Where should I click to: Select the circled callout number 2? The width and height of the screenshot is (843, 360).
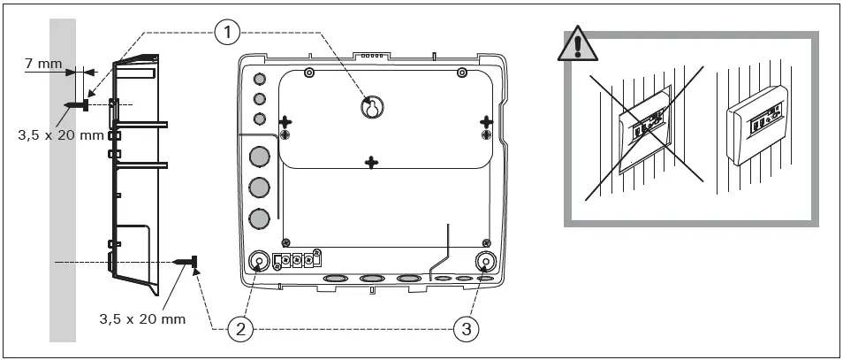coord(240,330)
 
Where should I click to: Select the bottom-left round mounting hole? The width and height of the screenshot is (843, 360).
coord(260,262)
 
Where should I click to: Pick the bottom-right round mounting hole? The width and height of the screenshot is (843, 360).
coord(485,262)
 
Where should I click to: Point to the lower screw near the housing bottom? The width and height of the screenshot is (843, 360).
coord(186,262)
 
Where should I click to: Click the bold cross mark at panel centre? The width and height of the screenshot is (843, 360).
coord(372,162)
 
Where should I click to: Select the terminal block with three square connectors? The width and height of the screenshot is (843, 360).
coord(295,261)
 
